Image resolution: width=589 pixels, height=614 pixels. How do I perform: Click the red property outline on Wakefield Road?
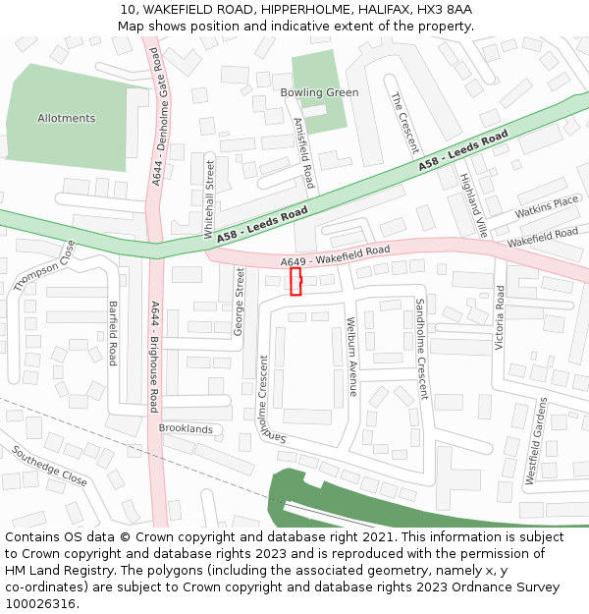click(295, 282)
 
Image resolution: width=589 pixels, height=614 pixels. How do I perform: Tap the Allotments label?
click(67, 118)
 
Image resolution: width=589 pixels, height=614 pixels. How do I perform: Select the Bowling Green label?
click(319, 92)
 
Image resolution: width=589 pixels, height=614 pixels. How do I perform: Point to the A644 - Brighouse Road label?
click(154, 356)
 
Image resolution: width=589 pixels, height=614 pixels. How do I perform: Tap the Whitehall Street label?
click(209, 199)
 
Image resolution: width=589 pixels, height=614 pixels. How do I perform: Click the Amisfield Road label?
click(304, 153)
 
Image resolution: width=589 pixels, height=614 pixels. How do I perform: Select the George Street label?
click(239, 302)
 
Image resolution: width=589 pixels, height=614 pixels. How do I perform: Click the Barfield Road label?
click(113, 333)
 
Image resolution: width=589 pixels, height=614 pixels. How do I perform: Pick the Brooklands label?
click(186, 429)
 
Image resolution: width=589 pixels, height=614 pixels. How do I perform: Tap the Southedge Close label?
click(49, 466)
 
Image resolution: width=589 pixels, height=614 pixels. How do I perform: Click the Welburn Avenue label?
click(351, 357)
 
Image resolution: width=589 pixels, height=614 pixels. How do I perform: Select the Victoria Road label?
click(500, 317)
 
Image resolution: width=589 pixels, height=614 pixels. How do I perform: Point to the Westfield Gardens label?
click(536, 441)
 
